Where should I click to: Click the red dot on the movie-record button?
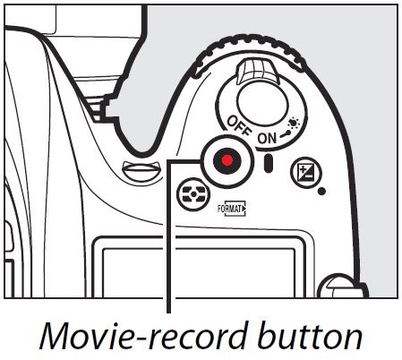[227, 160]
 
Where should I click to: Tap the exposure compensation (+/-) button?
[306, 173]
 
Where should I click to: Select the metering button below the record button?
[193, 194]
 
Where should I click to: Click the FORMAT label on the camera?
[231, 209]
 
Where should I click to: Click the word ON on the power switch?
[267, 138]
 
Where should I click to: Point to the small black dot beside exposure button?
[321, 191]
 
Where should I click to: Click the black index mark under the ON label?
[269, 163]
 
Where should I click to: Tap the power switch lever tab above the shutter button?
[257, 72]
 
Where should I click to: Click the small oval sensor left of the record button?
[142, 171]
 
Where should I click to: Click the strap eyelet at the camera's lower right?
[343, 286]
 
